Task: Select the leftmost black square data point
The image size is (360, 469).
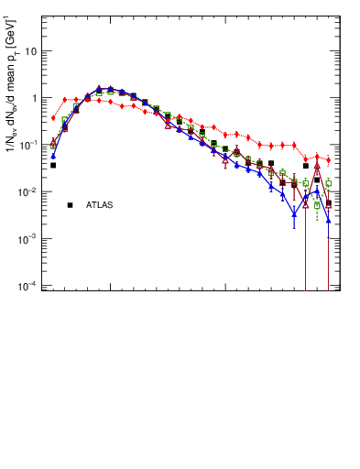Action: pos(53,166)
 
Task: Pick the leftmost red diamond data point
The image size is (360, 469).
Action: pos(53,118)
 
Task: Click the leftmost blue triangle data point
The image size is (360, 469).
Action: pos(53,156)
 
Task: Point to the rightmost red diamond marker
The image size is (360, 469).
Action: pos(328,160)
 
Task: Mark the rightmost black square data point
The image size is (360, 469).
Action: pos(328,203)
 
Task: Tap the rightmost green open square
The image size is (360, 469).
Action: pos(328,184)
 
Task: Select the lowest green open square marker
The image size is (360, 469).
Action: pos(317,205)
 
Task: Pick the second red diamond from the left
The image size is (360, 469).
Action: pos(65,99)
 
